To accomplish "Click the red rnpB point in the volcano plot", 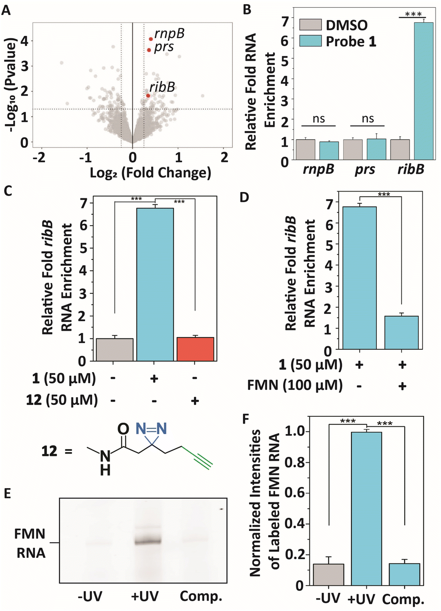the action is point(151,39).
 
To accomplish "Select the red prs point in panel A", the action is point(149,50).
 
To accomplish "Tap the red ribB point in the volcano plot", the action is point(148,96).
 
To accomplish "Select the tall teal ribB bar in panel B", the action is point(424,91).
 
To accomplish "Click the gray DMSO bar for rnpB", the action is point(306,150).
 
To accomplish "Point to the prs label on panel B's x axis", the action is point(365,170).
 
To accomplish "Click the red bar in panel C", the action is point(195,349).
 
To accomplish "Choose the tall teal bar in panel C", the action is point(155,284).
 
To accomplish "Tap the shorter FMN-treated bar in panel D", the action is point(401,333).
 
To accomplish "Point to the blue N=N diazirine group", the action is point(151,429).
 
